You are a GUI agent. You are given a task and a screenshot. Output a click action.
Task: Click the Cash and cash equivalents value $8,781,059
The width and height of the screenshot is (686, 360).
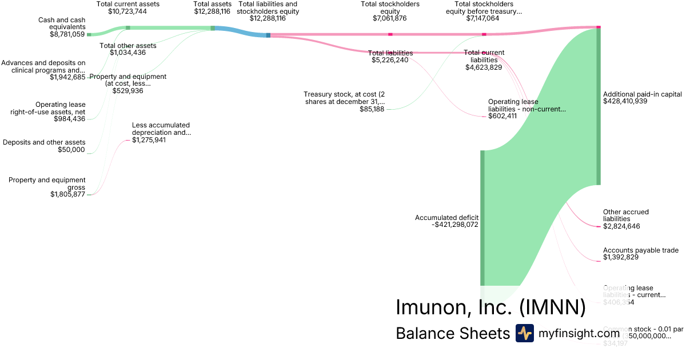[67, 34]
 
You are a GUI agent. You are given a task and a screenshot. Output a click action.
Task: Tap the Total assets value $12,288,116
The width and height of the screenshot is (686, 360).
[212, 11]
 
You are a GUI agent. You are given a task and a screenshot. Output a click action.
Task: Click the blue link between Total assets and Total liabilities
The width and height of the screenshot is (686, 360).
[240, 31]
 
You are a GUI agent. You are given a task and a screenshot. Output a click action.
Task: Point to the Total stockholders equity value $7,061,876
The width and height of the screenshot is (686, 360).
[390, 19]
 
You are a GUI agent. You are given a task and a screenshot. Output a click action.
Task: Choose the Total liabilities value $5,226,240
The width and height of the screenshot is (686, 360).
[390, 60]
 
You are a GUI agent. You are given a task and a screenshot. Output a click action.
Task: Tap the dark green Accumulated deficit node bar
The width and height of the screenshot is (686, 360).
[482, 217]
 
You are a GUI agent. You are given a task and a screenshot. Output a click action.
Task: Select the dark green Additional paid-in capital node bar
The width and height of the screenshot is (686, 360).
[599, 106]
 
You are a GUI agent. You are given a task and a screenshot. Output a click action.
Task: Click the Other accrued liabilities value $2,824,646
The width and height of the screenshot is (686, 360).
[621, 226]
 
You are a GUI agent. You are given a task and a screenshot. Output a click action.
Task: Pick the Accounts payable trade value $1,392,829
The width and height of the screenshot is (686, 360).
[621, 258]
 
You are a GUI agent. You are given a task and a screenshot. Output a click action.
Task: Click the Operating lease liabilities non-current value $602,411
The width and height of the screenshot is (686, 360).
[502, 116]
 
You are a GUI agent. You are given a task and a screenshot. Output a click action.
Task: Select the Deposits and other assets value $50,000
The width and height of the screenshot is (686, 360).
[71, 150]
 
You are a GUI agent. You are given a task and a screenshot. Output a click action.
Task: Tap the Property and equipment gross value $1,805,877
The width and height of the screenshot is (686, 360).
[67, 194]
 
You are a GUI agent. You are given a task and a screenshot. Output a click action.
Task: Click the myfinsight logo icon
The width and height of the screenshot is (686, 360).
[524, 333]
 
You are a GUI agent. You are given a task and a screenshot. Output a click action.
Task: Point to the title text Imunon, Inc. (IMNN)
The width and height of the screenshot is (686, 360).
[490, 307]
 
